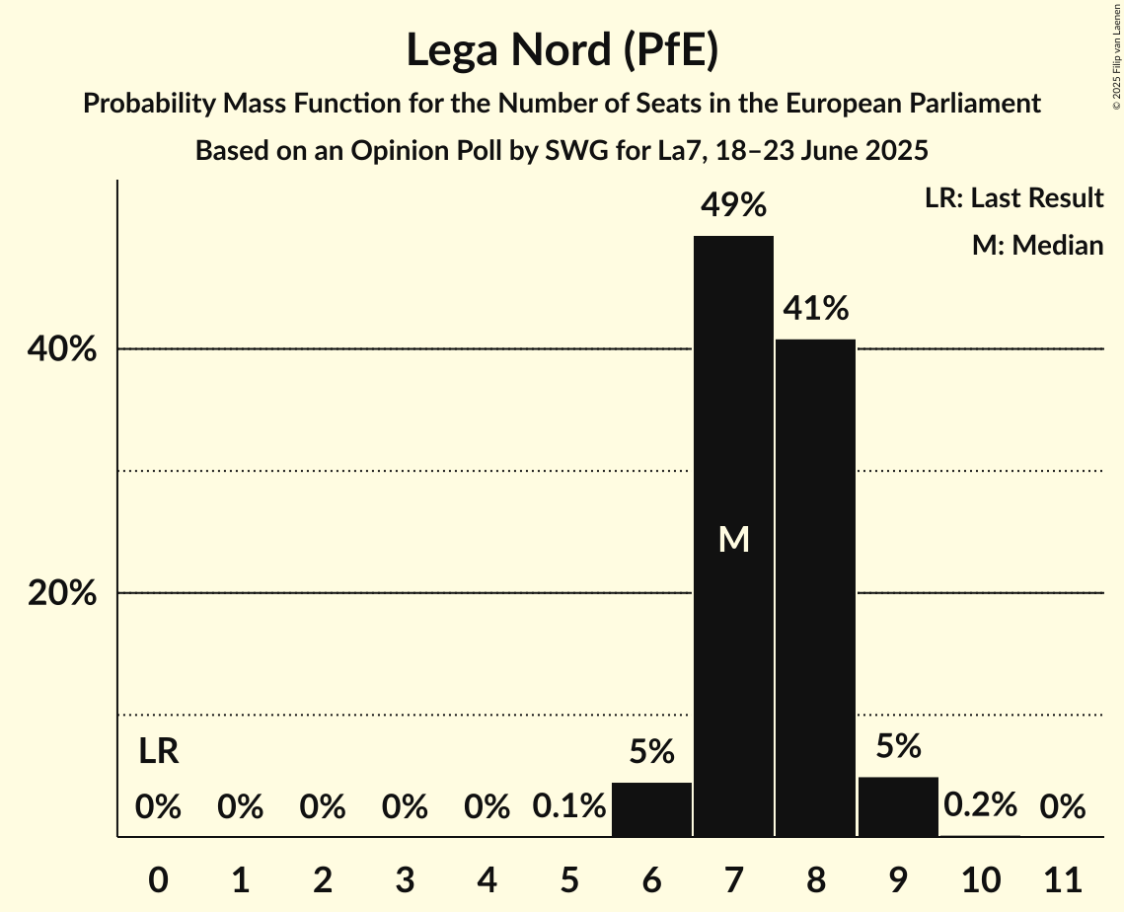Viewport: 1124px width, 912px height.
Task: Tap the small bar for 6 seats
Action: click(651, 809)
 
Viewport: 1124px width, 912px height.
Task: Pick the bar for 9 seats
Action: click(897, 807)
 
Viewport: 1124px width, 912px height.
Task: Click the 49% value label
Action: click(733, 205)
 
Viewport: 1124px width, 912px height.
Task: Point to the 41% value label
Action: click(815, 309)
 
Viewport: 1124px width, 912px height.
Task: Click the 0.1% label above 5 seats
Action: click(569, 807)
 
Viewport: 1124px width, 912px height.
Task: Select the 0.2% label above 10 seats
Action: click(979, 805)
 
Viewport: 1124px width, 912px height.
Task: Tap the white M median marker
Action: click(733, 539)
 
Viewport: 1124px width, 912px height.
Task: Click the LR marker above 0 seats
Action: click(158, 752)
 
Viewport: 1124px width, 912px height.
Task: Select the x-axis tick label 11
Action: click(1062, 877)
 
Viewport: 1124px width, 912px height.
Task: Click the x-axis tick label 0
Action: click(158, 877)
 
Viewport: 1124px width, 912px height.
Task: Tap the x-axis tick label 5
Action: click(569, 877)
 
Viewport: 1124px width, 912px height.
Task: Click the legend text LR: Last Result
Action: click(1013, 198)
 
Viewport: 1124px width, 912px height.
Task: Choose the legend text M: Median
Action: click(1037, 245)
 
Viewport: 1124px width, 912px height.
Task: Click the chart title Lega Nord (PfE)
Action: click(562, 50)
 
